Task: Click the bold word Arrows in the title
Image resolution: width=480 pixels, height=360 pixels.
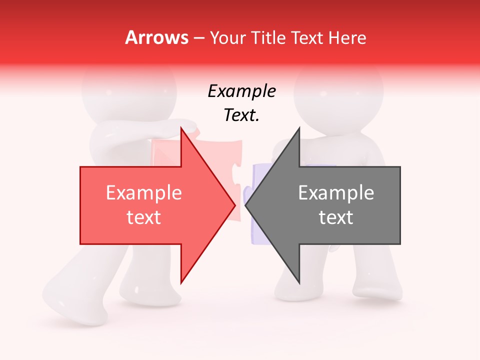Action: (x=157, y=37)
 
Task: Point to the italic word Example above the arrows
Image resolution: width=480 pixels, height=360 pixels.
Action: (x=241, y=91)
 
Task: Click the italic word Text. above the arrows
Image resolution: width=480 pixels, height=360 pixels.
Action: (x=241, y=115)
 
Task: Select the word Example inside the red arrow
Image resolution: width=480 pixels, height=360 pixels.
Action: (x=144, y=193)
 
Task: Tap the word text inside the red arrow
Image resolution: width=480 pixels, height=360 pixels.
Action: (x=144, y=217)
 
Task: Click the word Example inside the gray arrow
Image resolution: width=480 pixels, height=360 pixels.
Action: (x=336, y=193)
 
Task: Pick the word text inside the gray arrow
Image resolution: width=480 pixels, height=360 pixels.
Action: (x=336, y=217)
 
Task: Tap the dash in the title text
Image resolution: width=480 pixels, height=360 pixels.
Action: (x=198, y=38)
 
